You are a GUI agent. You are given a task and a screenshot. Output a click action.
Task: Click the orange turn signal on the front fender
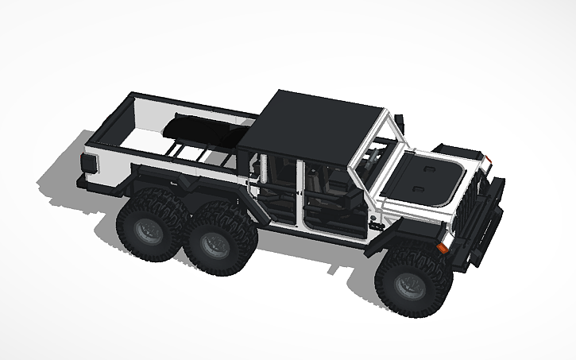click(443, 247)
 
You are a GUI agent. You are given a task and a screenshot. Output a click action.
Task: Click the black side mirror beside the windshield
click(400, 123)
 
